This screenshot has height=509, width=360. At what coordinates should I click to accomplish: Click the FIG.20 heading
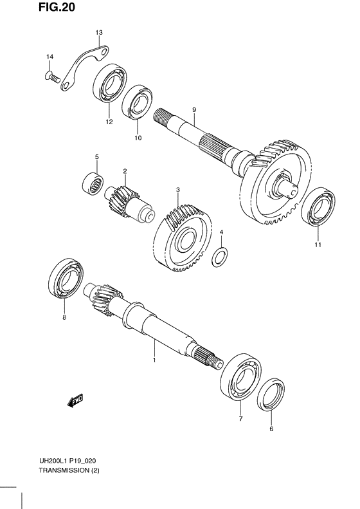pos(57,7)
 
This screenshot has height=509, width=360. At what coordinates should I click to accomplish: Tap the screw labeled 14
pos(53,77)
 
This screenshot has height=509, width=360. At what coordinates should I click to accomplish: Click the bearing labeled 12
pos(109,84)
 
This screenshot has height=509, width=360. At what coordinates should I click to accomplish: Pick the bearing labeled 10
pos(138,102)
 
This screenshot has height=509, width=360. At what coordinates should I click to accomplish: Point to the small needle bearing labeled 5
pos(93,185)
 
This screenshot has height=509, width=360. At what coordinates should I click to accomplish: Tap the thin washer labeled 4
pos(220,257)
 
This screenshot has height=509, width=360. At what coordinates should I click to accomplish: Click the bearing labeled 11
pos(318,207)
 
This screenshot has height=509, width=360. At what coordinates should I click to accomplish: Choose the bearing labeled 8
pos(66,278)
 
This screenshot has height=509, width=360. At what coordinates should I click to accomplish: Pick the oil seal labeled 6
pos(271,394)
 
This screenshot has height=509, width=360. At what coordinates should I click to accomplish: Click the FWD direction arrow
pos(75,401)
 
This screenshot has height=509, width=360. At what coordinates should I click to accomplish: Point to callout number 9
pos(194,110)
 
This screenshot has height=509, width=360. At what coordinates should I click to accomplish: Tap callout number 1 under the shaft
pos(154,360)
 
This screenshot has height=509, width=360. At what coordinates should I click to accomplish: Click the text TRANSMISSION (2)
pos(69,470)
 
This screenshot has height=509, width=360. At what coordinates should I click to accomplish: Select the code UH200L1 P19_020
pos(67,461)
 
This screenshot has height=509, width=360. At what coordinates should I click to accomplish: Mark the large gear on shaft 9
pos(276,181)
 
